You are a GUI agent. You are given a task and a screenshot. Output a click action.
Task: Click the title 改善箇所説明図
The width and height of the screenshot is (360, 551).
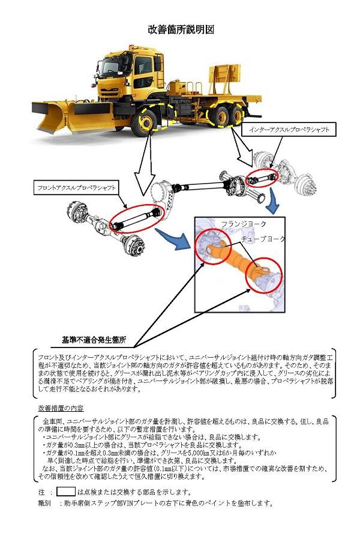tap(181, 29)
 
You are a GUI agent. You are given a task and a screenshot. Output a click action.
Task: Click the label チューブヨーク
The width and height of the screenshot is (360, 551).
tap(263, 238)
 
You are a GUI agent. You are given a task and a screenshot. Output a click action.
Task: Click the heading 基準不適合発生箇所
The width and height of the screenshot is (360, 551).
tap(94, 340)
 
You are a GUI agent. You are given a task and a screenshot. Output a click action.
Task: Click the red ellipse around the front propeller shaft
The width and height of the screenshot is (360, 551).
tap(137, 218)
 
